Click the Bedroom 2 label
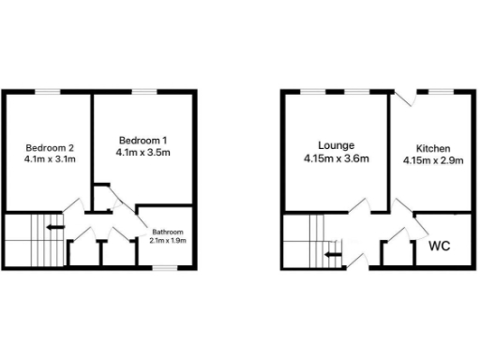(50, 147)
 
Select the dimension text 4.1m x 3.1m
(50, 159)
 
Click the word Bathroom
(168, 232)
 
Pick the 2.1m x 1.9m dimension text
(168, 241)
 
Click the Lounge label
(336, 145)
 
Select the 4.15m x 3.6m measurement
(336, 158)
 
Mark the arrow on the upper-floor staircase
(55, 226)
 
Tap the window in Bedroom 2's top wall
(50, 91)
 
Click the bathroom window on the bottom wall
(166, 268)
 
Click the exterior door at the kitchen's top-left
(403, 97)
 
